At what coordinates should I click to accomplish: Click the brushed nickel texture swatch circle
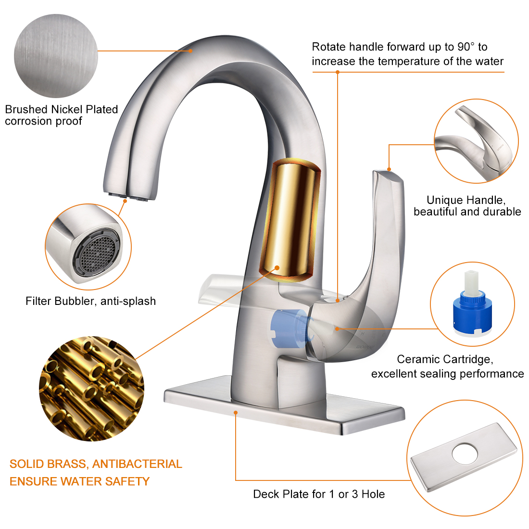[x=56, y=56]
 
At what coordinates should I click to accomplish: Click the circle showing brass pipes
[x=92, y=388]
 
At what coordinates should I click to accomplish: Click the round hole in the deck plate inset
[x=465, y=453]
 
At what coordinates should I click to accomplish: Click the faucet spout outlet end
[x=129, y=196]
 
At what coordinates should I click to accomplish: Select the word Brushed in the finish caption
[x=26, y=109]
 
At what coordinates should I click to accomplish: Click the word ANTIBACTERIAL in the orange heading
[x=137, y=464]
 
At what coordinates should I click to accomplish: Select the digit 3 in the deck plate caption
[x=355, y=494]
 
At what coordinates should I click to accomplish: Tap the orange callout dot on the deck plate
[x=236, y=413]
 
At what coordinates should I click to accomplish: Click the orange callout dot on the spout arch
[x=190, y=51]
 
